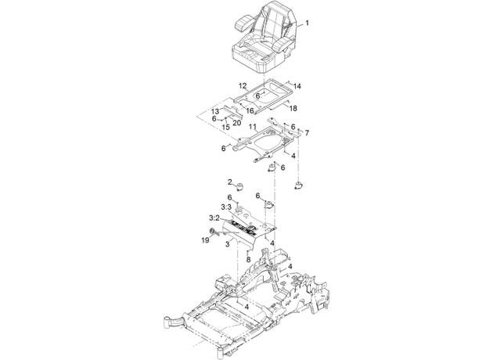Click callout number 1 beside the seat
[308, 23]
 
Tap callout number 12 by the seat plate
[243, 85]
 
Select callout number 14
[297, 86]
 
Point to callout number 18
[293, 109]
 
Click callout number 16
[250, 110]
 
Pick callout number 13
[215, 111]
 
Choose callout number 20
[237, 123]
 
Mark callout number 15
[226, 128]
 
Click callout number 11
[253, 127]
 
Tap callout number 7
[307, 133]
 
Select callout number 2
[230, 182]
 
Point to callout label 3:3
[226, 207]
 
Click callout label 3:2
[214, 218]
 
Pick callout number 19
[205, 240]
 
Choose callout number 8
[248, 259]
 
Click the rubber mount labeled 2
[241, 186]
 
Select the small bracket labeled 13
[231, 112]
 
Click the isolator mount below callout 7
[297, 185]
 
